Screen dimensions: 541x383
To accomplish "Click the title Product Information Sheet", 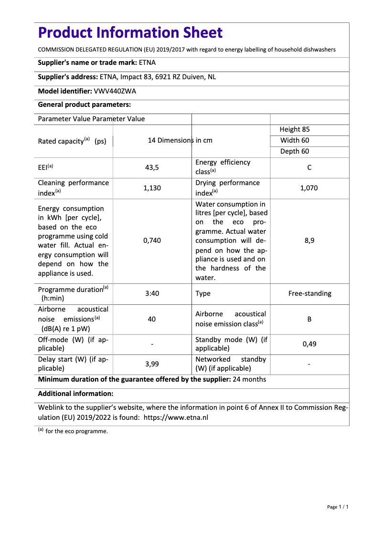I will (130, 32).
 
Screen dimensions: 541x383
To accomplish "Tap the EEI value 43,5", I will (152, 167).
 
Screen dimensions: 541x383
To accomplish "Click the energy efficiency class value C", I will (309, 167).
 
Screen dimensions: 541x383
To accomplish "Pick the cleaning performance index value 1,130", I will (152, 188).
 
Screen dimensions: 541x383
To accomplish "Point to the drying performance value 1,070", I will (309, 188).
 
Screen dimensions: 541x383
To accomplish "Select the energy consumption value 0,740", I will (152, 240).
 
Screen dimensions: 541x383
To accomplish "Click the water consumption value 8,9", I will (309, 240).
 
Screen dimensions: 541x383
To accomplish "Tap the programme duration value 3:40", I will (152, 293).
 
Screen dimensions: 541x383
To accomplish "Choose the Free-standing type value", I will (309, 293).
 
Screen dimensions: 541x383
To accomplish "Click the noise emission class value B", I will (309, 319).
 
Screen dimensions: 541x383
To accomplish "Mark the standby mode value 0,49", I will (309, 343).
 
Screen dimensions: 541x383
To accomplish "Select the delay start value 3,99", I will (152, 364).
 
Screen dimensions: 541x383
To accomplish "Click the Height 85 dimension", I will (295, 129).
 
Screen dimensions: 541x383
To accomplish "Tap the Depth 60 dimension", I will (295, 151).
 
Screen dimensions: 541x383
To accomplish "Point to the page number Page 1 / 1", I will (338, 507).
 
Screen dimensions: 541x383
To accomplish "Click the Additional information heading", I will (75, 394).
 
